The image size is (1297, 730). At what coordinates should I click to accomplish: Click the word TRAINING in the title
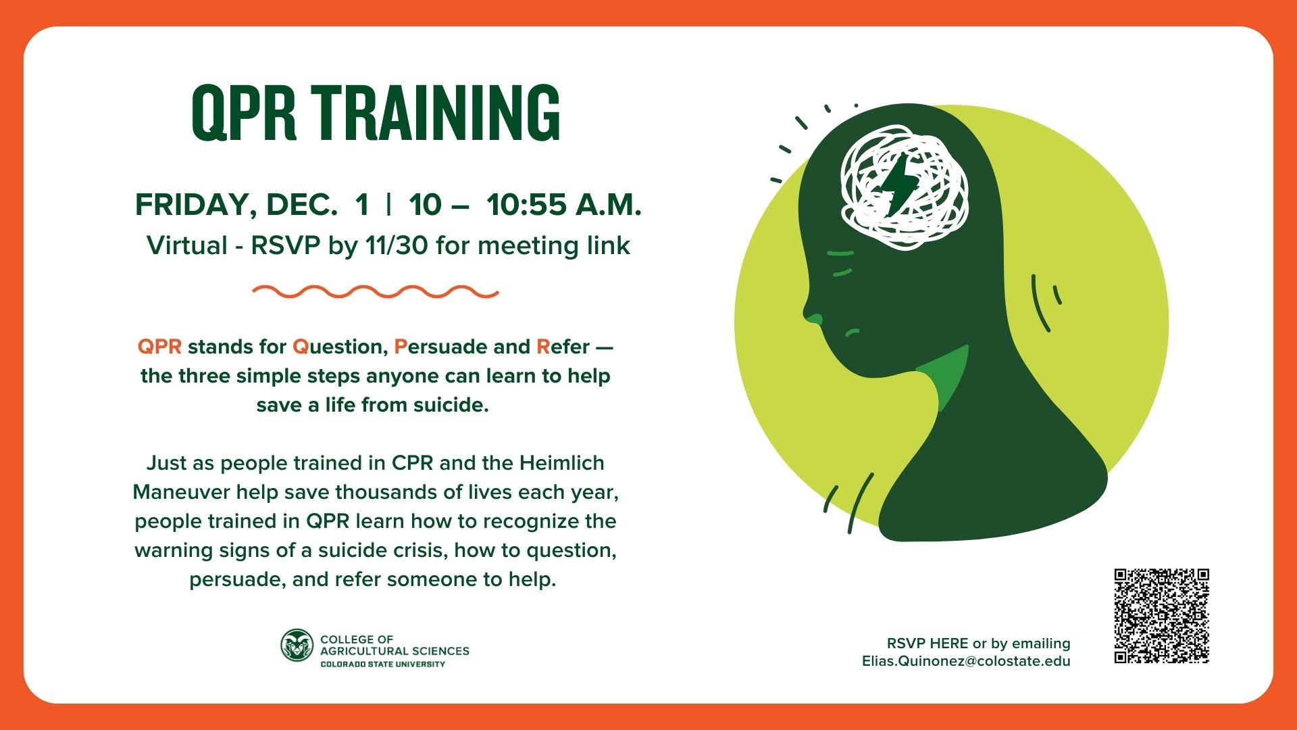[x=436, y=114]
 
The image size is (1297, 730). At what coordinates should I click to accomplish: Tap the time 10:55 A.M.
[x=564, y=204]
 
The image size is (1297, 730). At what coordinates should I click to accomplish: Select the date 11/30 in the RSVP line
[x=397, y=245]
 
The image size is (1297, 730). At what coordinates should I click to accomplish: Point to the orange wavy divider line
[x=376, y=292]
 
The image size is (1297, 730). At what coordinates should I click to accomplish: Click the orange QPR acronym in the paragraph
[x=159, y=347]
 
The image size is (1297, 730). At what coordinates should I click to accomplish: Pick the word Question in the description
[x=340, y=347]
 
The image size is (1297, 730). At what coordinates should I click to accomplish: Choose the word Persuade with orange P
[x=440, y=347]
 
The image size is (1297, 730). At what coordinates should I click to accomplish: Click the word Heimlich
[x=562, y=463]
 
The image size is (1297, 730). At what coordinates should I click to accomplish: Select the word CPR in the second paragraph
[x=412, y=463]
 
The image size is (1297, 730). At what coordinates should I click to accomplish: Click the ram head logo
[x=297, y=646]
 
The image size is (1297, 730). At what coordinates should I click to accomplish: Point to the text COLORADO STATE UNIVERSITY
[x=382, y=664]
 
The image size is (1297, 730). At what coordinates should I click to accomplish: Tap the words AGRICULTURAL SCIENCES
[x=395, y=651]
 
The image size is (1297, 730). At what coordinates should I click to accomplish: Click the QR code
[x=1161, y=616]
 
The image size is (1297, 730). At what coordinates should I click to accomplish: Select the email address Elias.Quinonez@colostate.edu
[x=966, y=661]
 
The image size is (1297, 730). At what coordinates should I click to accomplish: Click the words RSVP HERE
[x=927, y=643]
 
